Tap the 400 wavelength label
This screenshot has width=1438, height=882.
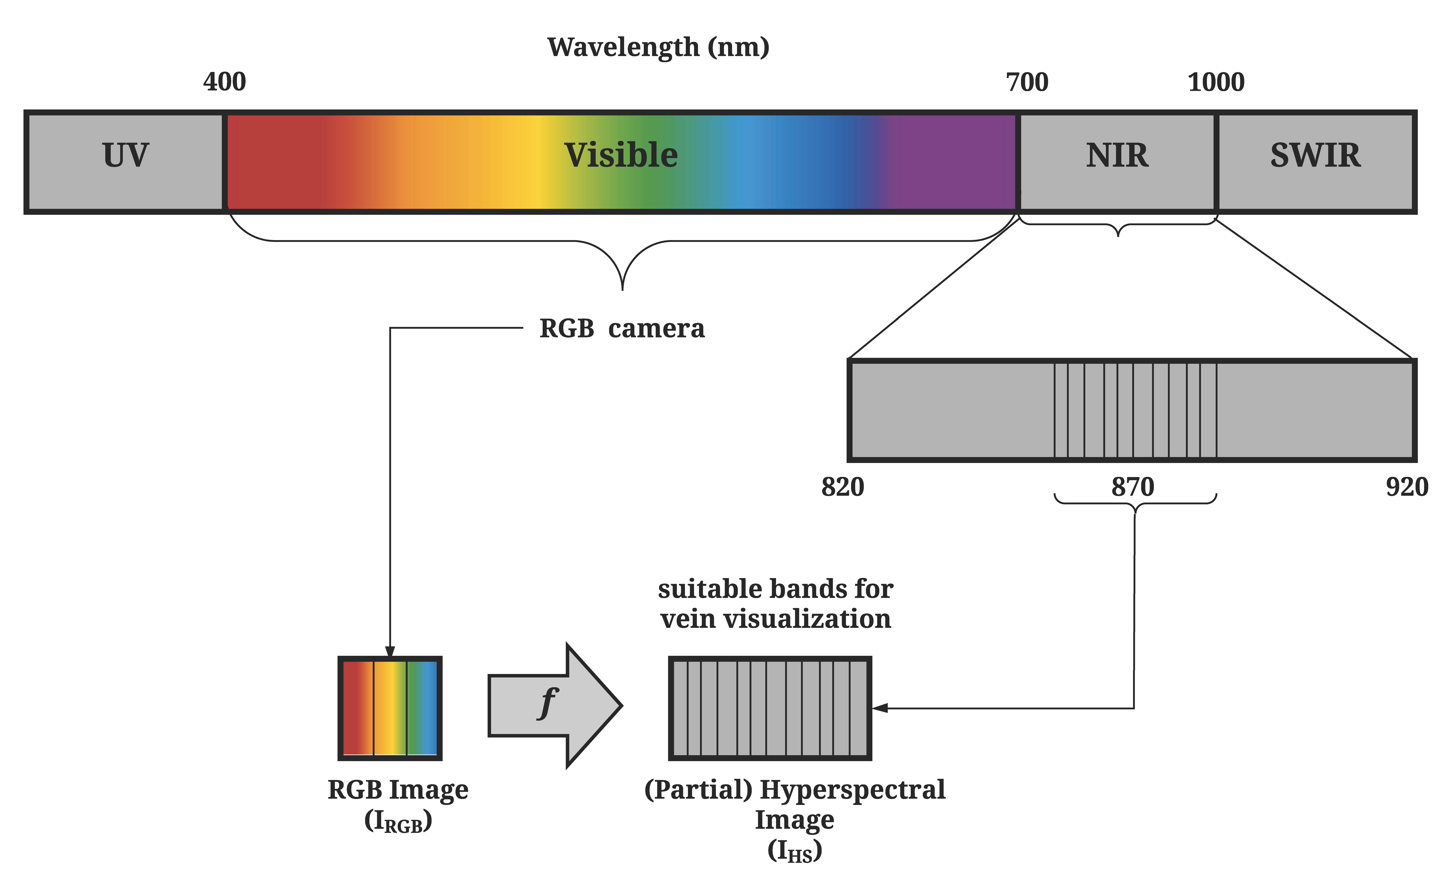(225, 82)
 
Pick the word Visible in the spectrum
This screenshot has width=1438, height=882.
(621, 155)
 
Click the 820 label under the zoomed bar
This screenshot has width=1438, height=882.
(842, 487)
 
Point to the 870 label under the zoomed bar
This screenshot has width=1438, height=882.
(1133, 487)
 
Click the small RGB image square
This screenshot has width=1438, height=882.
(390, 708)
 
